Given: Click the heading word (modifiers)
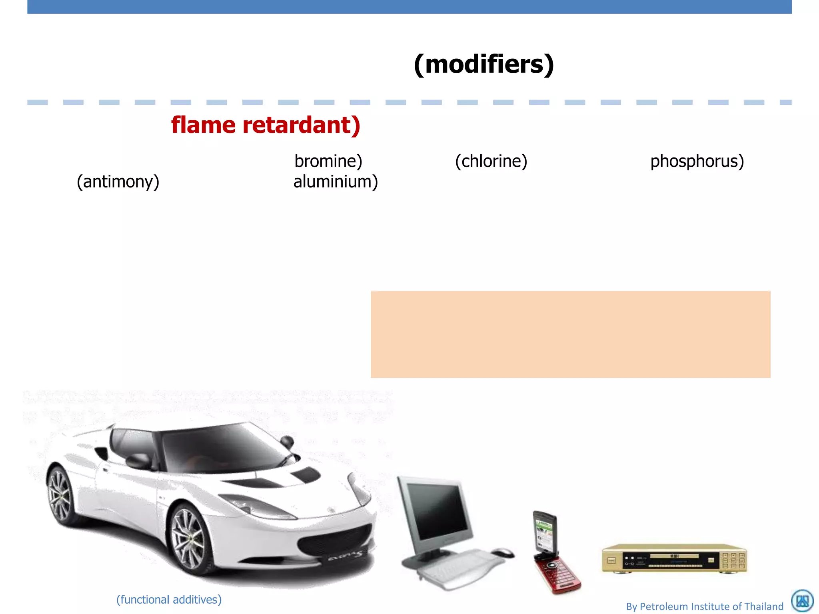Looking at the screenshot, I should [x=484, y=64].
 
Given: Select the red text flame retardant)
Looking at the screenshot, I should [x=266, y=125].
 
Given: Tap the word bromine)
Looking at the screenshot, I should [x=328, y=161].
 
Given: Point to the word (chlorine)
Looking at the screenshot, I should [x=491, y=161].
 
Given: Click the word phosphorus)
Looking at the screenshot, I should [x=697, y=161].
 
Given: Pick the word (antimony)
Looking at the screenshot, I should [x=118, y=181].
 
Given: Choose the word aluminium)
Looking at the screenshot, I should [x=336, y=181].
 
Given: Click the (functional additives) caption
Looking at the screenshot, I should [x=169, y=600].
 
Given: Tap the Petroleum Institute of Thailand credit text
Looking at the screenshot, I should [x=705, y=606].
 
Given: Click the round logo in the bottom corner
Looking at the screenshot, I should [x=802, y=601].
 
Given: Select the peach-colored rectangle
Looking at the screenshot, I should [x=570, y=334].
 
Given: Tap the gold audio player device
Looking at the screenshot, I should [x=674, y=559].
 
